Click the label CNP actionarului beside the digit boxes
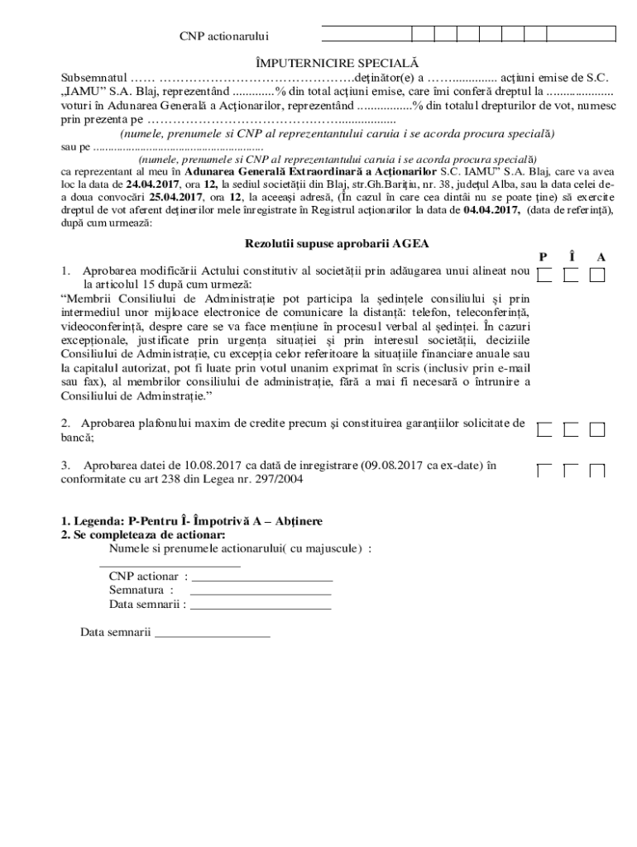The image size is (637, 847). (224, 36)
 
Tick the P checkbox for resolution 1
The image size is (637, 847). (544, 275)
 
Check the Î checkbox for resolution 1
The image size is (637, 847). (571, 275)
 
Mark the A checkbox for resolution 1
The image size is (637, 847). (597, 275)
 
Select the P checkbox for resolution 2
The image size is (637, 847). (544, 429)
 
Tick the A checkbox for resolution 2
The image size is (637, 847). (597, 429)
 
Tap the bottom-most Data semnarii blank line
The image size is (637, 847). (213, 636)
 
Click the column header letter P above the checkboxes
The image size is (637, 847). (543, 257)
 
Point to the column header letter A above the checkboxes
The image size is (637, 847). (601, 257)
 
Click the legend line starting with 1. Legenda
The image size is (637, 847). (192, 522)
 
